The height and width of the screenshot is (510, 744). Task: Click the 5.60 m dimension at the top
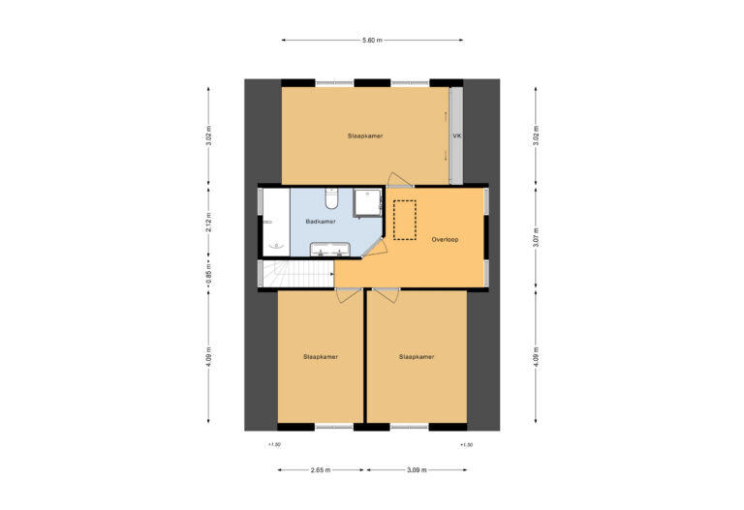pos(372,40)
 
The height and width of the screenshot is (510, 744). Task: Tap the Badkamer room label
pos(321,222)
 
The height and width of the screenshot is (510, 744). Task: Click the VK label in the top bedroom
pos(456,136)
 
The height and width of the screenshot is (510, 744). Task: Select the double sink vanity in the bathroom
pos(328,250)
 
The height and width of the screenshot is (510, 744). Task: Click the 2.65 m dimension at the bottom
pos(321,470)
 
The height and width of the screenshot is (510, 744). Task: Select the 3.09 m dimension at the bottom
pos(416,470)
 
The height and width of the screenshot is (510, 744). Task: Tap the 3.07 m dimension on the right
pos(535,236)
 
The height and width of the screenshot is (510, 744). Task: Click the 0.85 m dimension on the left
pos(208,274)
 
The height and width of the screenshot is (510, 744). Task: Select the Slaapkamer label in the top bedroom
pos(365,136)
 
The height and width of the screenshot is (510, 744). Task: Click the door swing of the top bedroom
pos(398,179)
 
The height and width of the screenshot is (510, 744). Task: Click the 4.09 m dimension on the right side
pos(535,356)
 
